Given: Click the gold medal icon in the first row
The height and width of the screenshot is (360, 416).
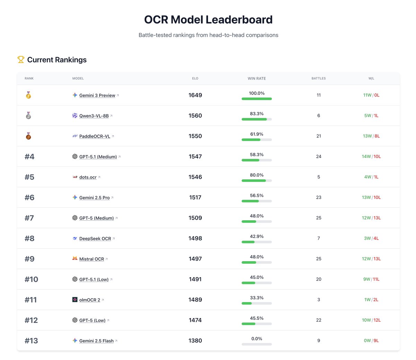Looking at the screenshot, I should (x=28, y=95).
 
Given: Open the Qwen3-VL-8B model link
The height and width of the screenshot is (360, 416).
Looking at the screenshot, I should (x=94, y=116).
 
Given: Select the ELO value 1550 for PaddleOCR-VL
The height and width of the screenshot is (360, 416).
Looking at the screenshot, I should (x=195, y=136).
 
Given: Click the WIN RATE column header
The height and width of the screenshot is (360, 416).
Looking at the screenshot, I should (x=257, y=78).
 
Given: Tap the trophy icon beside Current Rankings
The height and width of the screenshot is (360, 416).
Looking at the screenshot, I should (x=21, y=60).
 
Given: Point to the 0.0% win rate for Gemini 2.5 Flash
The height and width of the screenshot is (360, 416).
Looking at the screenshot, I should (x=257, y=338).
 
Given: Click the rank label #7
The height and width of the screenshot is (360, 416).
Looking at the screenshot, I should (x=29, y=218).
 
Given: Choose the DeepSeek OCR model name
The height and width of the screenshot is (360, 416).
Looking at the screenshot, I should (x=95, y=239).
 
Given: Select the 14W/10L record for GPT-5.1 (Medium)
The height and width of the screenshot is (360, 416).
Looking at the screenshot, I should (x=371, y=156).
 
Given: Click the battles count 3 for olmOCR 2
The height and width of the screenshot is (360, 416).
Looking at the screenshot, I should (x=319, y=300).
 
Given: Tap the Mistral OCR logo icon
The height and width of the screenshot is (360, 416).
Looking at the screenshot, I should (x=75, y=258).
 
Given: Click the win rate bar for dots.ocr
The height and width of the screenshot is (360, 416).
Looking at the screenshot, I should (x=257, y=181).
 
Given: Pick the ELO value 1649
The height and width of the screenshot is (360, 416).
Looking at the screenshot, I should (x=195, y=95).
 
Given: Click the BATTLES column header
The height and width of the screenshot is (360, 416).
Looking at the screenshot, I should (x=319, y=78).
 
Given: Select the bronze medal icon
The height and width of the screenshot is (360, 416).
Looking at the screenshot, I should (x=28, y=136).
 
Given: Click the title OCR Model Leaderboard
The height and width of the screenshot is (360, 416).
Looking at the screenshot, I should (x=208, y=20).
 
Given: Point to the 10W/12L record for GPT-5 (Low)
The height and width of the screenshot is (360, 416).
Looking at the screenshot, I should (x=371, y=320).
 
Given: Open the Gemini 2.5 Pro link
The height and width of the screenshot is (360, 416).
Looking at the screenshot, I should (x=94, y=198).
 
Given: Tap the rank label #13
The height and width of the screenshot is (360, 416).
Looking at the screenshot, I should (x=31, y=341).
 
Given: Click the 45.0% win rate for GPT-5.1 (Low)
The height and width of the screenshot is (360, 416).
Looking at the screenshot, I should (x=257, y=277).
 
